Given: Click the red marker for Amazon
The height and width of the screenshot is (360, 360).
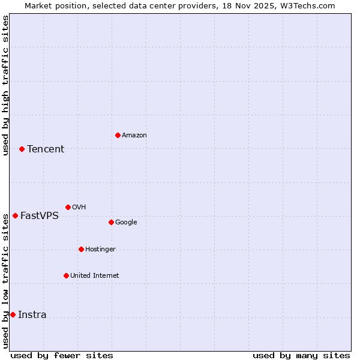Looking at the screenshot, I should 118,135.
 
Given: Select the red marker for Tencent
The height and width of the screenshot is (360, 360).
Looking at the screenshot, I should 22,149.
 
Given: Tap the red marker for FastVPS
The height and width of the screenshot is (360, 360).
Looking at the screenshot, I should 15,215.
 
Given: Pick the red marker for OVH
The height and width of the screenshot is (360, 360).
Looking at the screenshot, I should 68,207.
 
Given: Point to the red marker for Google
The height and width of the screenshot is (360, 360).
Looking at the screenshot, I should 111,222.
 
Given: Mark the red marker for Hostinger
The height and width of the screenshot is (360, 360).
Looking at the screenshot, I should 81,249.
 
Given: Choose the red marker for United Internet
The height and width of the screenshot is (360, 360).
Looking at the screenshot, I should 66,275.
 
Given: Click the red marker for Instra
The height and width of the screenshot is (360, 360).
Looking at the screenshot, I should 13,314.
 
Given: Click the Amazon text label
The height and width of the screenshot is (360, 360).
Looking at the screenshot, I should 134,136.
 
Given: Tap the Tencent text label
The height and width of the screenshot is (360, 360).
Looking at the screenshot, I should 46,149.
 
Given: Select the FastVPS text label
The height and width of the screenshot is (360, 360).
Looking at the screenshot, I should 40,216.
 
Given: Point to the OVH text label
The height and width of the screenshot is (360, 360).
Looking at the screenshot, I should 79,208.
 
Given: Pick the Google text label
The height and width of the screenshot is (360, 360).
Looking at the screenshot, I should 126,223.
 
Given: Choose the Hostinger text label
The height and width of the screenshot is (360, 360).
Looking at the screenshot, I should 100,250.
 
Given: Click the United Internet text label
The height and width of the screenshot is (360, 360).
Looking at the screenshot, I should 95,276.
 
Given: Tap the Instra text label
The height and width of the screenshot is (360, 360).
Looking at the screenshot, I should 32,315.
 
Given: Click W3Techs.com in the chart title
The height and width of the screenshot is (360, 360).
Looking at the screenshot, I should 310,5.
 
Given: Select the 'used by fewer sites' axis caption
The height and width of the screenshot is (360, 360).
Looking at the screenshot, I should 62,355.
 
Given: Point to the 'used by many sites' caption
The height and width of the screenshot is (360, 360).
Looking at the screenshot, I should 301,355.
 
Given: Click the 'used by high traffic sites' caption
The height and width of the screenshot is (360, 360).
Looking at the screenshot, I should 5,85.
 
